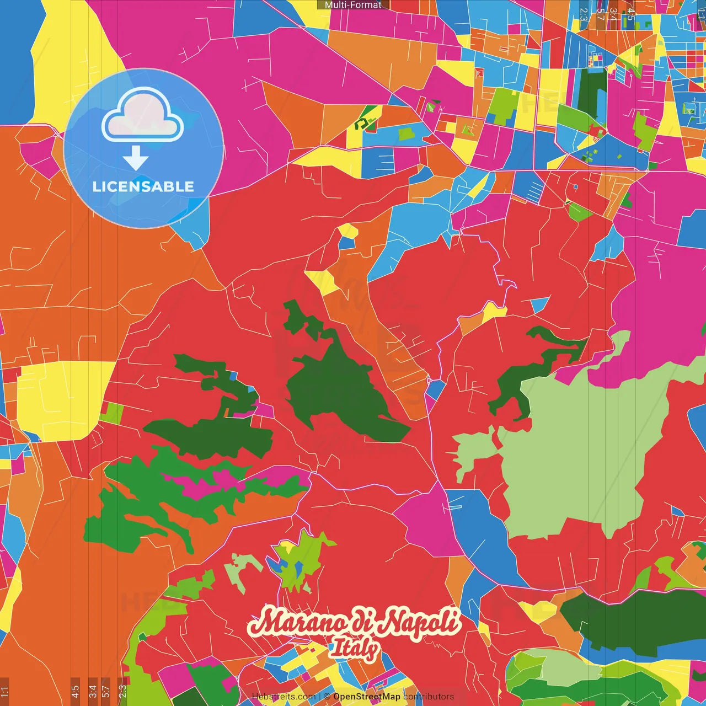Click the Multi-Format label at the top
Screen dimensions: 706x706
click(353, 5)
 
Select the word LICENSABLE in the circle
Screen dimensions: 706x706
click(143, 186)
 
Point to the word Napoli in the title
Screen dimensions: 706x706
click(422, 622)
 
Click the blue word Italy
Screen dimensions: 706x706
click(354, 649)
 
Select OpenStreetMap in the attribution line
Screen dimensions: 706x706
click(367, 697)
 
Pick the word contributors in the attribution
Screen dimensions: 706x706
click(429, 697)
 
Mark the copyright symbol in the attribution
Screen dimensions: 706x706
click(327, 697)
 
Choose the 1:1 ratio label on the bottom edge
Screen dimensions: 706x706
click(4, 691)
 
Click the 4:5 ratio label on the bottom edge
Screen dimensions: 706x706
click(75, 691)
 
